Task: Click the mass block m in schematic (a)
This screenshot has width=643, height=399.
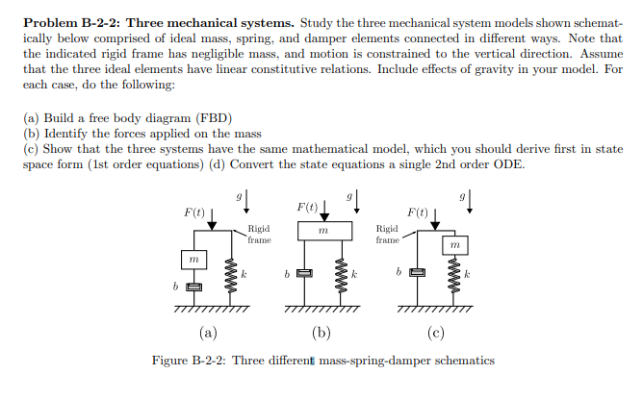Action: tap(193, 259)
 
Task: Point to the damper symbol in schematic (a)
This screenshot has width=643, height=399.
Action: tap(193, 287)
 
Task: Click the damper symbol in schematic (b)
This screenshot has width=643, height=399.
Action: tap(306, 275)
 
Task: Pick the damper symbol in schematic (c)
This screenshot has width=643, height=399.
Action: tap(418, 275)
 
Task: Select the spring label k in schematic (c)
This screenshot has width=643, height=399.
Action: tap(467, 275)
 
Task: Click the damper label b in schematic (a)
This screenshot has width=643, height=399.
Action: tap(176, 287)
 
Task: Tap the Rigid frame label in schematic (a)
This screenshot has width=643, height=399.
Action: tap(259, 234)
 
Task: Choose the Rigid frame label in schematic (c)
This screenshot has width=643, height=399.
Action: tap(387, 235)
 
